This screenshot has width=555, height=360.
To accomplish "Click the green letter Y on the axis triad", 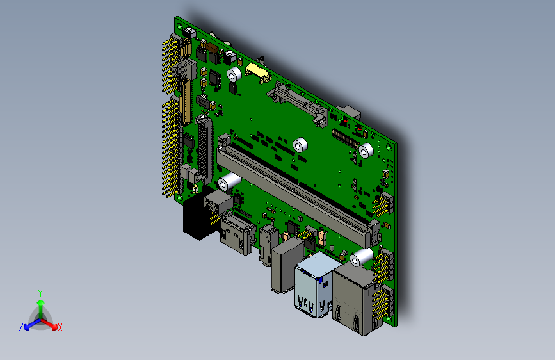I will click(40, 293).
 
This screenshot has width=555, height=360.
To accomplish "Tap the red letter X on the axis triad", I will click(60, 328).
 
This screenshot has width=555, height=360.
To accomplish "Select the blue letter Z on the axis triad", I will click(21, 327).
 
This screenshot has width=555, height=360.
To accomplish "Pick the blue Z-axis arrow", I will click(29, 324).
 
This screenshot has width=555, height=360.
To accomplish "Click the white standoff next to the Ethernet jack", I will click(362, 258).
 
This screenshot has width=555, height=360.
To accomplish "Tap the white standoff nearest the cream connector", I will click(234, 77).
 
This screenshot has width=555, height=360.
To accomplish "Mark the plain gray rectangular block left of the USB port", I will click(284, 266).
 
